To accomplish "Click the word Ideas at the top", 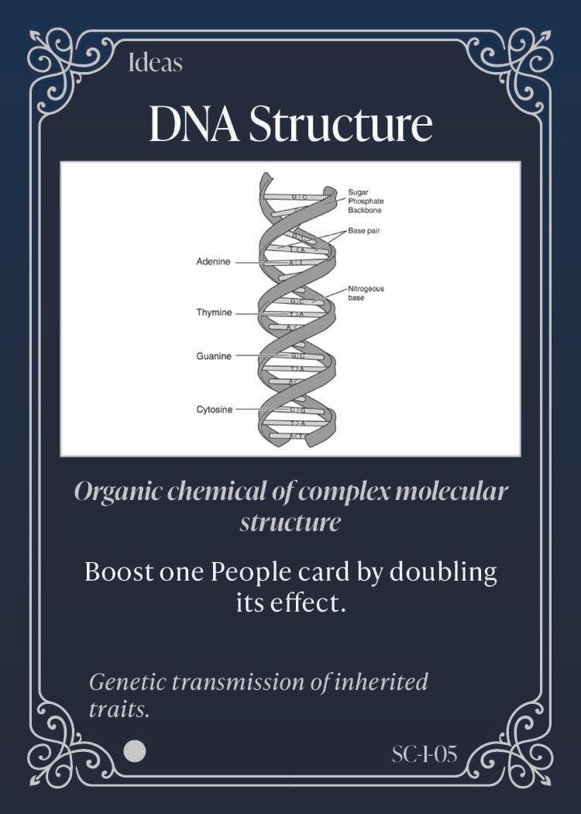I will [x=155, y=63].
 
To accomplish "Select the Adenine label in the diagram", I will [x=213, y=262].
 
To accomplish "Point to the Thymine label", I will [x=214, y=312].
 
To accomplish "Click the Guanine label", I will [x=213, y=356].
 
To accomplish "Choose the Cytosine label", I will [x=214, y=409].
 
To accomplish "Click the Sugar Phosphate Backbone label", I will [x=365, y=200].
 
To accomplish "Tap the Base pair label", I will [x=363, y=230].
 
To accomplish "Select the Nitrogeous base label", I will [x=366, y=292].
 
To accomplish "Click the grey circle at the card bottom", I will [x=135, y=750].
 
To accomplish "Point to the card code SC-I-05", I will [x=424, y=753].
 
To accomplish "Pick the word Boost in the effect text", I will [x=119, y=572].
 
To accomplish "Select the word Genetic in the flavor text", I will [x=127, y=682].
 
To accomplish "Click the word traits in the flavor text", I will [x=119, y=709].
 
